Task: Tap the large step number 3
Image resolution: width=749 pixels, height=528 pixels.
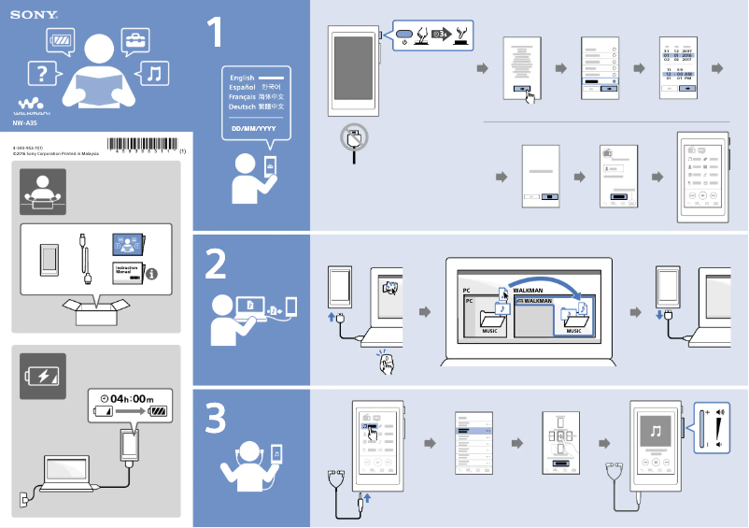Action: (x=216, y=420)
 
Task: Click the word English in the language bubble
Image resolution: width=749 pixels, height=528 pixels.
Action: (x=242, y=78)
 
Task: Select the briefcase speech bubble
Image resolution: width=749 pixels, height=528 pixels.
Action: (x=135, y=40)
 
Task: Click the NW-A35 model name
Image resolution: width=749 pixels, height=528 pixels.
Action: (x=25, y=122)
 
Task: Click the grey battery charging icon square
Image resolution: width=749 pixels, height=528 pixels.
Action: (x=43, y=377)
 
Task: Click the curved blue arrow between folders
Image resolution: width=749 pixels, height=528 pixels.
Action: (x=542, y=285)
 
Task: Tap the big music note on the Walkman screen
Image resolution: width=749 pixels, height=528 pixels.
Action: (x=656, y=432)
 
